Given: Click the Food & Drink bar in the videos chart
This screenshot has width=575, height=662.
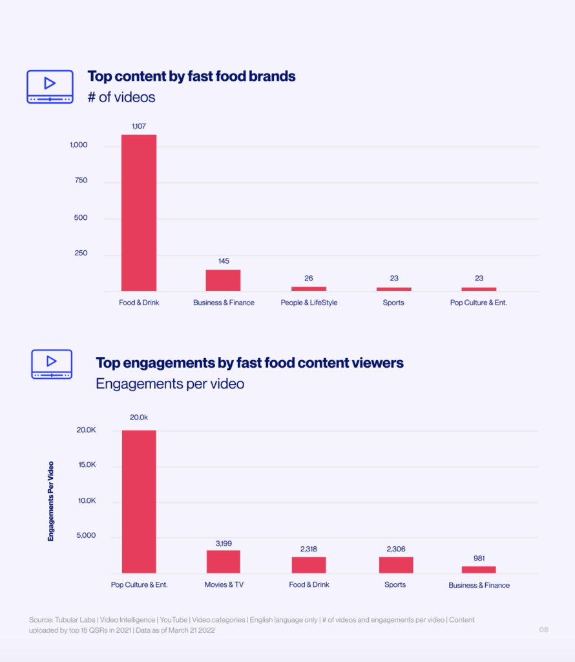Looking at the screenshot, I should point(139,213).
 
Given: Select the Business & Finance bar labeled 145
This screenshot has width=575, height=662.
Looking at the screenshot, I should point(224,280).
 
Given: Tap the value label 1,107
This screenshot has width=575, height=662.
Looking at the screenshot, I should point(139,127).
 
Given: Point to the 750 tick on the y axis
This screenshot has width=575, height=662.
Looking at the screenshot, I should point(81,180).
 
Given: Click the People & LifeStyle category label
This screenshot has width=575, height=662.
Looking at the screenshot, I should point(309,303).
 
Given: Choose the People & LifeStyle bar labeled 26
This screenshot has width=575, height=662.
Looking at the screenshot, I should point(309,288).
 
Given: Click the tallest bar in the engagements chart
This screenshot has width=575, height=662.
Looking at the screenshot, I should point(139,501).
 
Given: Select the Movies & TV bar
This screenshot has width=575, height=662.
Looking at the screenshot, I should point(224,561).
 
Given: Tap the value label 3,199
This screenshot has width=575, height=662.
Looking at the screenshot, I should point(224,544).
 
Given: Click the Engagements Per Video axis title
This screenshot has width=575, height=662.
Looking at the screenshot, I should point(51,500).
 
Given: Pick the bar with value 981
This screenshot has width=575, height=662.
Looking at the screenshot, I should point(479,570).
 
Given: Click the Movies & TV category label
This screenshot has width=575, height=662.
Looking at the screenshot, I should point(224,584).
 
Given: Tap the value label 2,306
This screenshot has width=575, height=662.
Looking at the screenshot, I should point(395,549).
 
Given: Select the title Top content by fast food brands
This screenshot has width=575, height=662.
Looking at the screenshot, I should point(191,76).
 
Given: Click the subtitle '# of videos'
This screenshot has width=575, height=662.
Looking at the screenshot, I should point(121,98).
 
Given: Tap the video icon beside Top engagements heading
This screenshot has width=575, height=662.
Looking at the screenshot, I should point(52,364).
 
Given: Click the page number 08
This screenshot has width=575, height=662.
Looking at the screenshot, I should point(543,630).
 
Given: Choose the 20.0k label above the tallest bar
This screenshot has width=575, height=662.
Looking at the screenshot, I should point(139,418).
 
